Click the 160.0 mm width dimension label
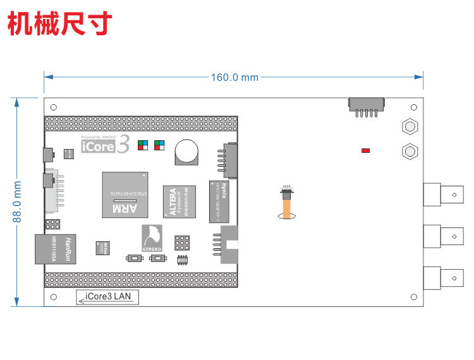234,77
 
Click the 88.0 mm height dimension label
18,201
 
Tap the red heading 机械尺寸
60,23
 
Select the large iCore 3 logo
106,146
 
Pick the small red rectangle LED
365,150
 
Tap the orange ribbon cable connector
288,203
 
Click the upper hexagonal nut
410,126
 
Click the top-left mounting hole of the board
54,107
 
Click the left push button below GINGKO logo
133,258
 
